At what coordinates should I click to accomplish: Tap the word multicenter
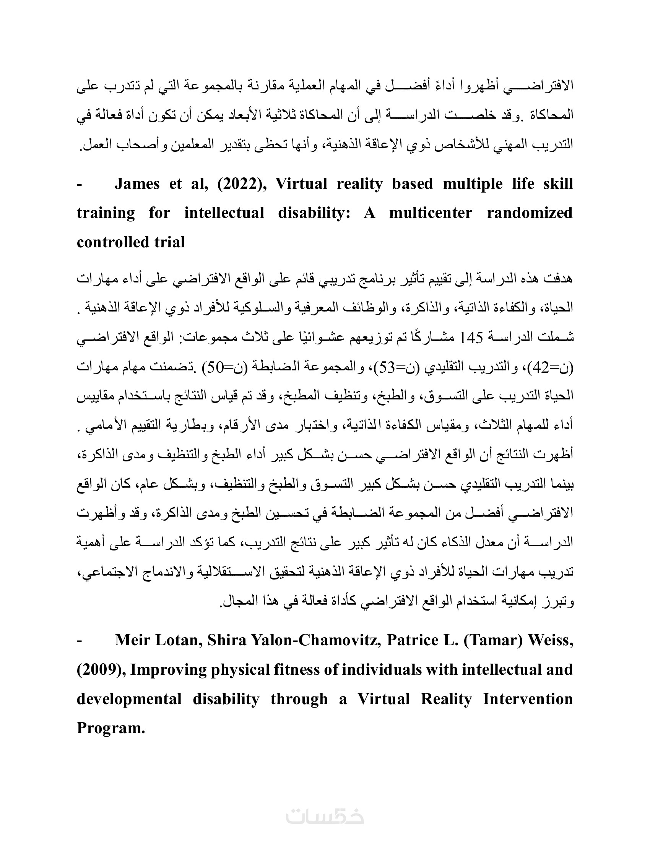tap(430, 213)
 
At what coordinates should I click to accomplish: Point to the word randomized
tap(530, 213)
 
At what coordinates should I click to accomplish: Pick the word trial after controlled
tap(170, 242)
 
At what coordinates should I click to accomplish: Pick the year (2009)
tap(101, 670)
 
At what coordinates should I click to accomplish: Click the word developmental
tap(129, 699)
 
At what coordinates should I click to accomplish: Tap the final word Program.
tap(110, 728)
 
